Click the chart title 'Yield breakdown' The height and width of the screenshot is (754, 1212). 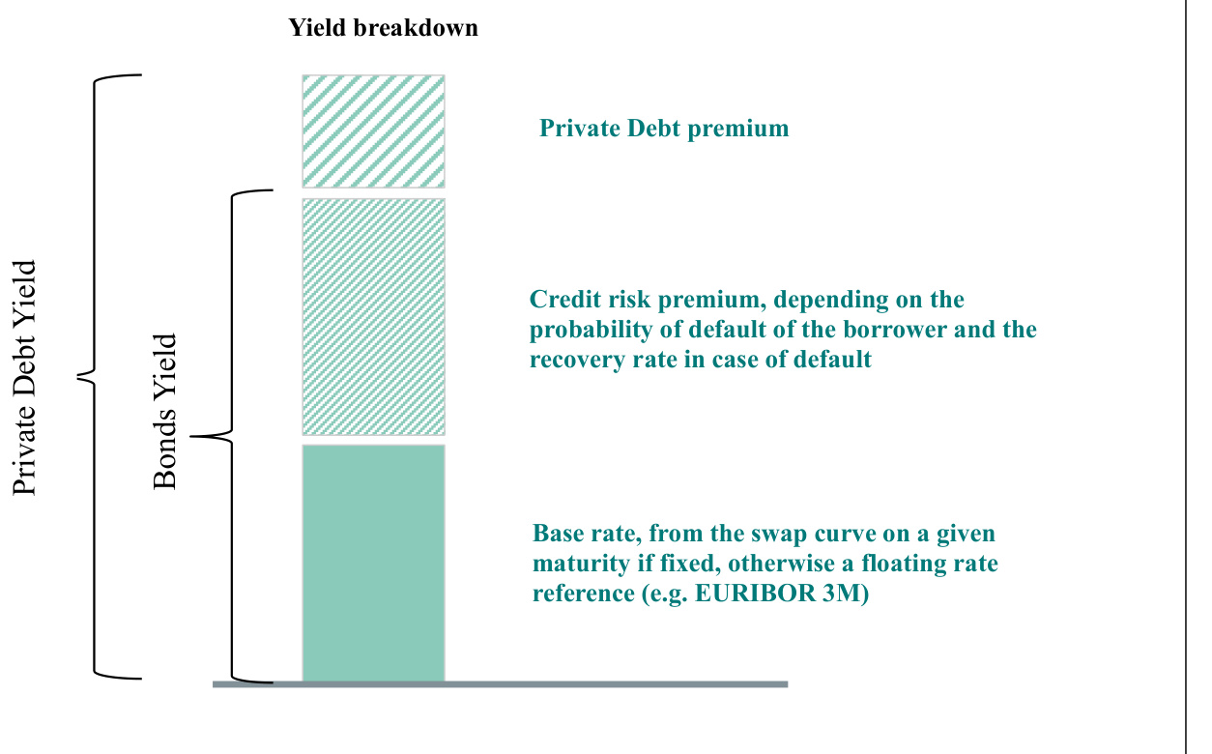click(383, 28)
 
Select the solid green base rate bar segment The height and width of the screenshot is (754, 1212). click(373, 563)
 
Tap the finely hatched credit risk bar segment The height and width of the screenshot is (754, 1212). click(373, 317)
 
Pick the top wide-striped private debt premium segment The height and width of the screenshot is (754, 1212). click(373, 131)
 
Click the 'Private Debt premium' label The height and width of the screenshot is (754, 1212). click(664, 129)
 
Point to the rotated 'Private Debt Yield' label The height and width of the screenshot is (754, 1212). click(24, 378)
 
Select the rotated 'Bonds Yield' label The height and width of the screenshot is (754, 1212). click(165, 412)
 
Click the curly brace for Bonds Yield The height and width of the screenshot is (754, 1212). click(232, 436)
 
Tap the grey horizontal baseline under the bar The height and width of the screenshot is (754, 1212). click(500, 684)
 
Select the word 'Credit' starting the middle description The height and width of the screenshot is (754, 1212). click(564, 300)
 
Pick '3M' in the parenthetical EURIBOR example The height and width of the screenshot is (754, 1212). click(841, 593)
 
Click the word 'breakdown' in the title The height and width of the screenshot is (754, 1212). click(416, 28)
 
